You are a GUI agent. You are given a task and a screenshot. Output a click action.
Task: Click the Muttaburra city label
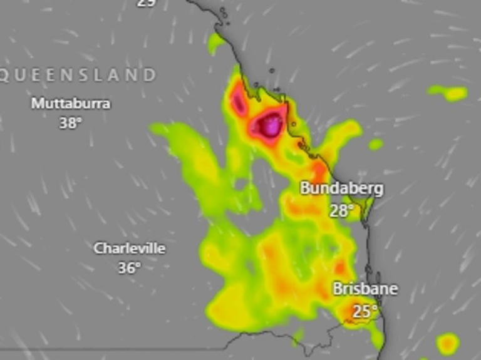[x=71, y=103]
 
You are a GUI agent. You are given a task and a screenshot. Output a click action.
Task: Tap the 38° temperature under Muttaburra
[x=71, y=123]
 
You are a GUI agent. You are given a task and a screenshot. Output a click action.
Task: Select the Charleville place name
[x=130, y=248]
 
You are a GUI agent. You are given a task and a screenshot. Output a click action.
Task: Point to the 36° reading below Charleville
[x=129, y=268]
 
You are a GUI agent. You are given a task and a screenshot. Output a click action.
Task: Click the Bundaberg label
[x=341, y=188]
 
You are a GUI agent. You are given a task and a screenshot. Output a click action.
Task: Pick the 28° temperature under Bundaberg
[x=341, y=210]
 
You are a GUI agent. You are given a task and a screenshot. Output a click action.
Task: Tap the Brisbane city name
[x=365, y=289]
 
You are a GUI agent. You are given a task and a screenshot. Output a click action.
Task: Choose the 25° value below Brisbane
[x=365, y=310]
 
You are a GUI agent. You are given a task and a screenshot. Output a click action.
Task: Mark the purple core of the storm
[x=271, y=126]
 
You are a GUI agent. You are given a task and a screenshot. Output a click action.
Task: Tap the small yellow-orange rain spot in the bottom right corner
[x=447, y=344]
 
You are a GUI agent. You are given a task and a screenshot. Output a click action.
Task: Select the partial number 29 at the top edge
[x=146, y=3]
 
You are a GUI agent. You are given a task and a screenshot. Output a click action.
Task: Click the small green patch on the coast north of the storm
[x=216, y=43]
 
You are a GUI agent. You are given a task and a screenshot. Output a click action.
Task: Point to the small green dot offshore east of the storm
[x=376, y=145]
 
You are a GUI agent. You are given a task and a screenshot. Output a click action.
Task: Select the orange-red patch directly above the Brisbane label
[x=341, y=269]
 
